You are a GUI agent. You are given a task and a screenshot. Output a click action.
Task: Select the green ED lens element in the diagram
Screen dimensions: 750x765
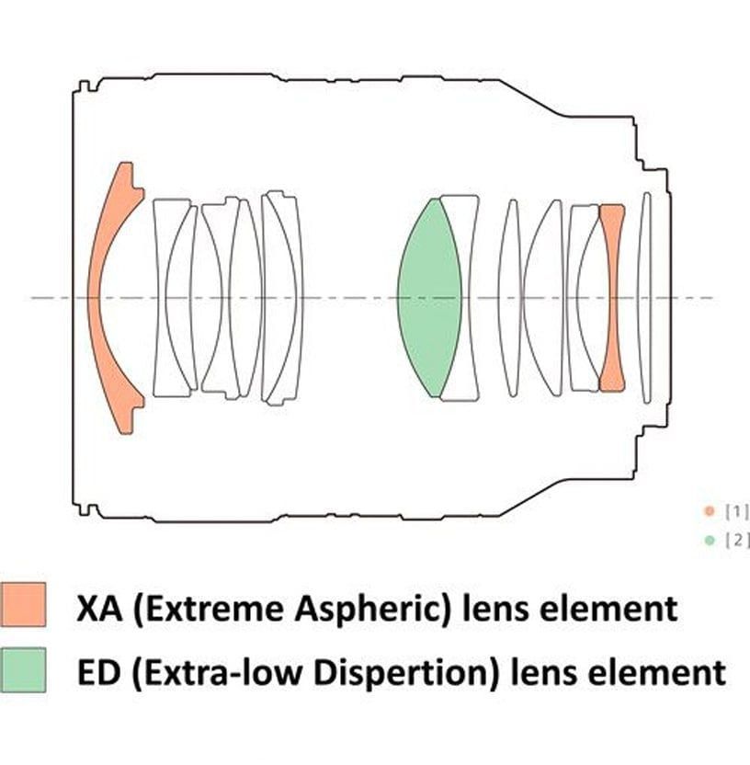(429, 298)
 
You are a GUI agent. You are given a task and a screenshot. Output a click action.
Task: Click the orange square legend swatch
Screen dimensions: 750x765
(23, 604)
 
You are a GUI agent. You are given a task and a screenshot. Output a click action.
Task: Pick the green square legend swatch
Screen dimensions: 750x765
(23, 670)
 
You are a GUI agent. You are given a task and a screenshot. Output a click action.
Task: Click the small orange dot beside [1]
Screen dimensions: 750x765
(710, 511)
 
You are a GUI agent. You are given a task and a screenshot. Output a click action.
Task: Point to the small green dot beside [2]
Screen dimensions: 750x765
(710, 540)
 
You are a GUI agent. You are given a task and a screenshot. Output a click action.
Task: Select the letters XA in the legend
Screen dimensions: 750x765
(99, 609)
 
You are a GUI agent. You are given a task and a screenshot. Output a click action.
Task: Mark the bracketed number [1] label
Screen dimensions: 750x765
(737, 511)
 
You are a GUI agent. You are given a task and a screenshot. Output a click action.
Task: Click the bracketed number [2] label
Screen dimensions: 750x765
(737, 540)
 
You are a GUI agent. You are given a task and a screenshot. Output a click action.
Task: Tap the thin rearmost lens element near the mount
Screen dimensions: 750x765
(645, 298)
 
